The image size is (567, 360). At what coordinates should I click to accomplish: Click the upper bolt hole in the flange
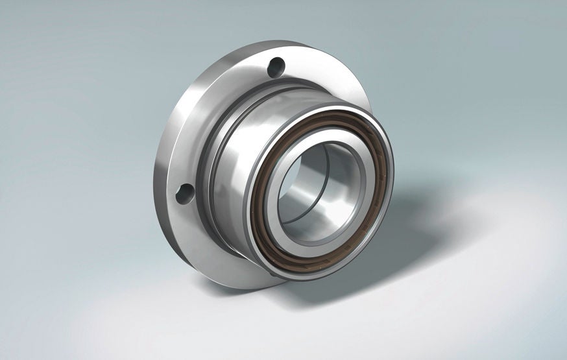276,66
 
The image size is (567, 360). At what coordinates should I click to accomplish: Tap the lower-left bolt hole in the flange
186,193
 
